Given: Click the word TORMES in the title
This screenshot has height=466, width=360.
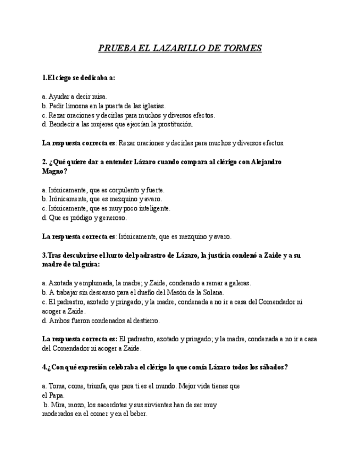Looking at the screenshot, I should coord(242,48).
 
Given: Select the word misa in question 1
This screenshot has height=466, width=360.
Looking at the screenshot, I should coord(99,96).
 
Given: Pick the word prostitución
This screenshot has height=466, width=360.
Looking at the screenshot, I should coord(174,124).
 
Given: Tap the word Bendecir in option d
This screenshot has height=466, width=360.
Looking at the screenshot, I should coord(62,124).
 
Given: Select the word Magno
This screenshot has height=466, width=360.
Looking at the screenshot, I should coord(53,171).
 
